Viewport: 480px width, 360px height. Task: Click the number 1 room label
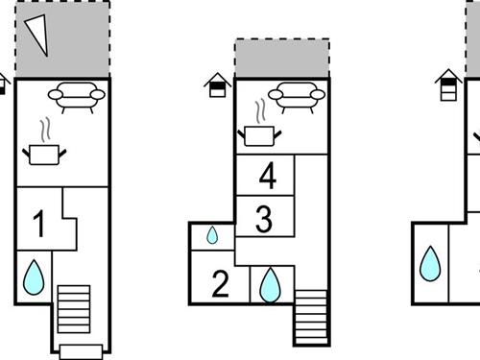coord(38,226)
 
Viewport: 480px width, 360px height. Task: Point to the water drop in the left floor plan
coord(35,277)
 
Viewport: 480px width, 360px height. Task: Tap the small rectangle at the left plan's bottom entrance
coord(79,351)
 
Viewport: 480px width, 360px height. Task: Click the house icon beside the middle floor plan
coord(218,85)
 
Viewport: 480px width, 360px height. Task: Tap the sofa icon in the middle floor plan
coord(293,96)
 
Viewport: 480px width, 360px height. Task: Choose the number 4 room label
coord(267,177)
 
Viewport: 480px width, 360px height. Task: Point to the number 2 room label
coord(220,285)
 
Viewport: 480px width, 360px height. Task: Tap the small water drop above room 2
coord(212,235)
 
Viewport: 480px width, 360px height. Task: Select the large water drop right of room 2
coord(271,284)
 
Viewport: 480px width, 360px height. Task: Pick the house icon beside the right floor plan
coord(447,84)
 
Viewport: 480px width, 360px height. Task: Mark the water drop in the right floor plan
coord(431,263)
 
